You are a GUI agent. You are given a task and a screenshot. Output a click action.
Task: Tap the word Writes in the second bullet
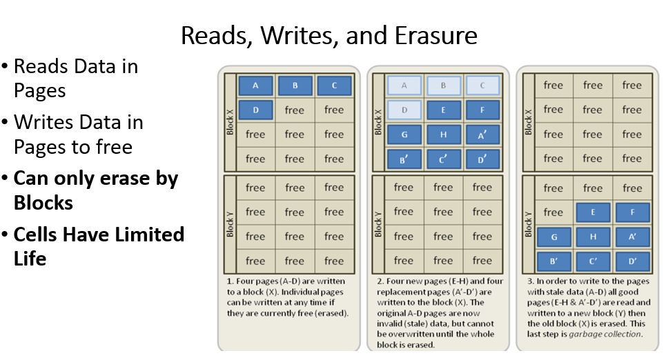[x=44, y=123]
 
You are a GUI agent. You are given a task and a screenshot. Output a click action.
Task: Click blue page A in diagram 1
[x=255, y=86]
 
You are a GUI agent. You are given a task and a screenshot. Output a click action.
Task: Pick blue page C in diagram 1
[x=334, y=86]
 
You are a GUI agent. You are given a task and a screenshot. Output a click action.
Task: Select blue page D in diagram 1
[x=255, y=110]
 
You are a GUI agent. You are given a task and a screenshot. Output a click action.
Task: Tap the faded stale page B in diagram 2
[x=443, y=86]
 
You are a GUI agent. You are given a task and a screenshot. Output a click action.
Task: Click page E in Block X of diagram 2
[x=443, y=110]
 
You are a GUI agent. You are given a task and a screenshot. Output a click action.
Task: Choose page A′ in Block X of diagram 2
[x=482, y=134]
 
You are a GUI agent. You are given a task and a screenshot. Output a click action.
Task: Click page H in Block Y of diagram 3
[x=592, y=237]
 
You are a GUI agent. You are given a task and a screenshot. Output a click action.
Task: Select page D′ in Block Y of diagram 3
[x=631, y=261]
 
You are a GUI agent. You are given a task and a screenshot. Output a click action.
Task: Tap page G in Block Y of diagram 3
[x=553, y=237]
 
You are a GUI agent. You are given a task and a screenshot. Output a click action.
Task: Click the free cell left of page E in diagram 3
[x=553, y=212]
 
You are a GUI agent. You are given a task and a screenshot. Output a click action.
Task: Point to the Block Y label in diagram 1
[x=230, y=224]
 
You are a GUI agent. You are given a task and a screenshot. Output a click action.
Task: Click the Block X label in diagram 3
[x=528, y=121]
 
